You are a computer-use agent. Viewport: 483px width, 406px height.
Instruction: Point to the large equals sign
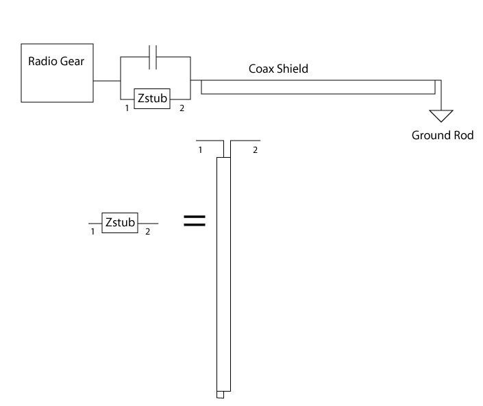[x=195, y=220]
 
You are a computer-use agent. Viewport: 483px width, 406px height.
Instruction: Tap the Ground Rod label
[x=442, y=135]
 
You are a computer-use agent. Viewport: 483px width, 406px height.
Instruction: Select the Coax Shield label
[x=277, y=69]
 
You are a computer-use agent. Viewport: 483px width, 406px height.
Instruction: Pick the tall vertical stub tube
[x=223, y=274]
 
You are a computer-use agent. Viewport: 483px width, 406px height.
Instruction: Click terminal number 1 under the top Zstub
[x=127, y=108]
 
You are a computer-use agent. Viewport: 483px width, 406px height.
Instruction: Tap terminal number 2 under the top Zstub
[x=182, y=108]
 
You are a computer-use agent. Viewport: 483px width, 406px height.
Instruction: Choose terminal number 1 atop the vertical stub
[x=200, y=150]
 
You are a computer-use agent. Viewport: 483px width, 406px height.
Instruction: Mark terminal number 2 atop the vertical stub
[x=255, y=150]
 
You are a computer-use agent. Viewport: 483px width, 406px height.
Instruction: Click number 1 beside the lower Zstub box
[x=92, y=232]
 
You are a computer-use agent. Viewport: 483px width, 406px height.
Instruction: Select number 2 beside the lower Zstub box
[x=147, y=232]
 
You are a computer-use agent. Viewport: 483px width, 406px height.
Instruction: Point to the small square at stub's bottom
[x=220, y=394]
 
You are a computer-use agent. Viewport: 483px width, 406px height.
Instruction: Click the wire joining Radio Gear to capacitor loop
[x=106, y=80]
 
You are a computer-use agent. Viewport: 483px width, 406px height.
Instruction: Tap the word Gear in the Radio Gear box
[x=71, y=61]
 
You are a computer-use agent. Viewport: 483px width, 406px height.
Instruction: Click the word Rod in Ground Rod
[x=462, y=135]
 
